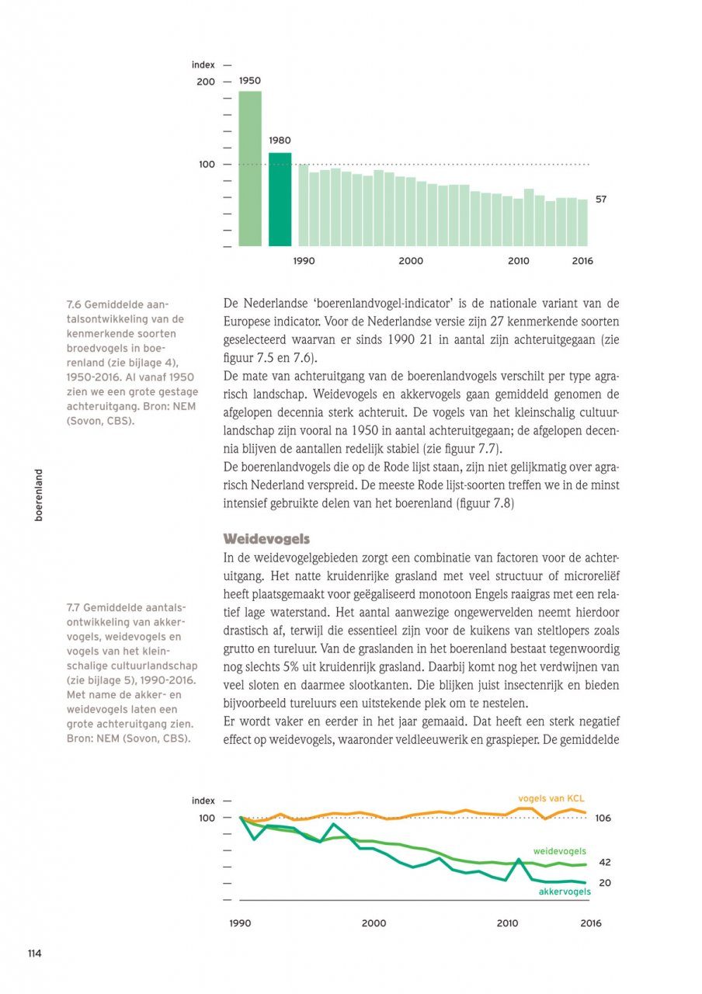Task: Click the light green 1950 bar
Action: (249, 168)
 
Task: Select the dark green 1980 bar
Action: (280, 199)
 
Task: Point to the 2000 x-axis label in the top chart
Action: (411, 261)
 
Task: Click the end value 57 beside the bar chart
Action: (601, 200)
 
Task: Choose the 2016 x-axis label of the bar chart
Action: (582, 261)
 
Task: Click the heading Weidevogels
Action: (266, 538)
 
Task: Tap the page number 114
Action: (34, 954)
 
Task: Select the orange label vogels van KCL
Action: (551, 798)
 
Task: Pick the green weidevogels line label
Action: (559, 851)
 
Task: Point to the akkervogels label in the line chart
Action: (565, 891)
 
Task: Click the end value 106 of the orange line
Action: (603, 818)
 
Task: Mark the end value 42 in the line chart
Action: (605, 863)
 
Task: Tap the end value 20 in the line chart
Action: (605, 883)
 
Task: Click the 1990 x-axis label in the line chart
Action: (240, 923)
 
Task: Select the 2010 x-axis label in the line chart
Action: (507, 923)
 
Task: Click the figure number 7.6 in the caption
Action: (75, 304)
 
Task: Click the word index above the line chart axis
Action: (203, 801)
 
